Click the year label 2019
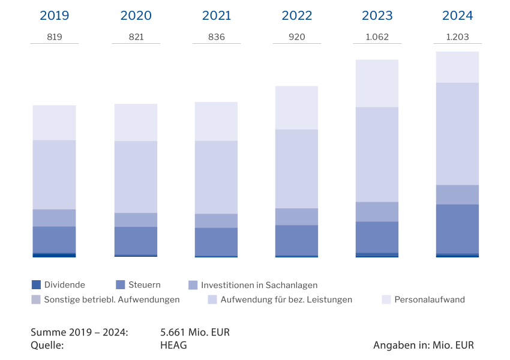coord(54,16)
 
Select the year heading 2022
coord(296,16)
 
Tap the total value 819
coord(54,37)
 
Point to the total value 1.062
coord(377,37)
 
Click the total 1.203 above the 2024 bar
coord(457,37)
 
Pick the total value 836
coord(216,37)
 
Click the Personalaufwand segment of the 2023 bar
coord(377,83)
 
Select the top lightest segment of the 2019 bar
coord(54,122)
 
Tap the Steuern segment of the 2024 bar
coord(457,229)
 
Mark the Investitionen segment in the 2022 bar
coord(296,217)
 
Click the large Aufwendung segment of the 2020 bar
coord(136,177)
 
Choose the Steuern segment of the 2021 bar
coord(216,241)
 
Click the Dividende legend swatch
coord(36,285)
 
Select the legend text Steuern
coord(144,285)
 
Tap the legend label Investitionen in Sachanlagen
coord(259,285)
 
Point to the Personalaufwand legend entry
coord(429,299)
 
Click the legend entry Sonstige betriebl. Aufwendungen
coord(112,299)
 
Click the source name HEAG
coord(174,345)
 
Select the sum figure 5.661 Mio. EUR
coord(195,332)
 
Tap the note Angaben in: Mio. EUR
coord(423,345)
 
